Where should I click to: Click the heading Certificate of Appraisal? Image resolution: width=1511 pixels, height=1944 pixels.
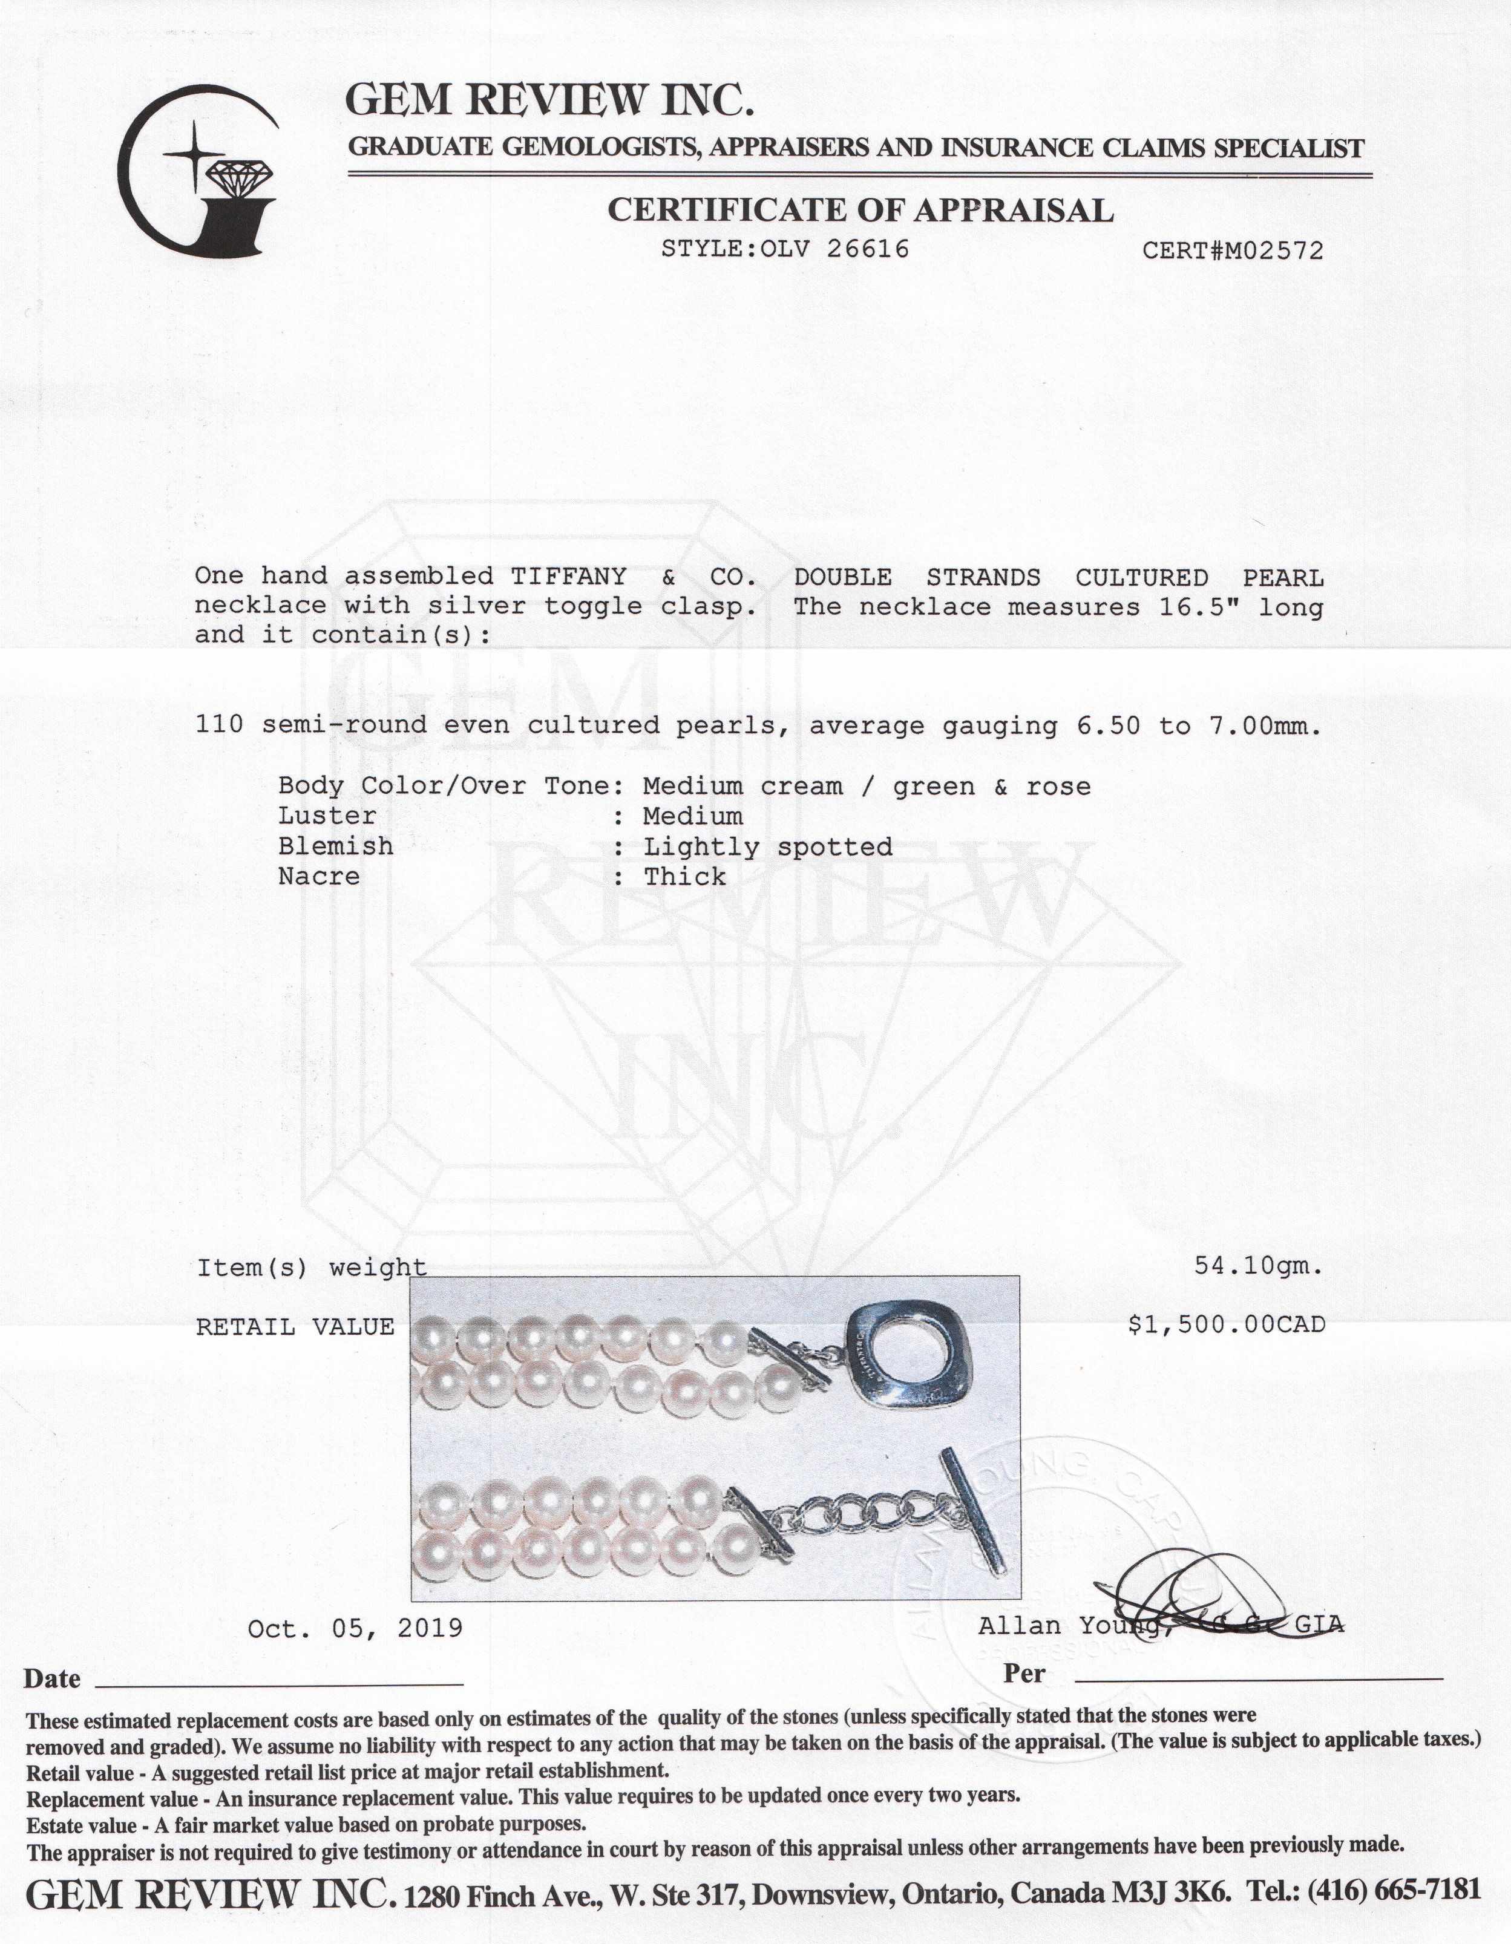pos(859,210)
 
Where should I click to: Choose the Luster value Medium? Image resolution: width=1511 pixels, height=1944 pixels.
pos(693,816)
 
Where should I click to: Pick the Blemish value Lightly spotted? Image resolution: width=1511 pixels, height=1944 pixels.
pos(767,846)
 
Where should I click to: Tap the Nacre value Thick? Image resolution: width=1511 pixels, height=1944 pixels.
pos(685,877)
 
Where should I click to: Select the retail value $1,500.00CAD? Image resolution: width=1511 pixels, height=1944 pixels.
pos(1226,1326)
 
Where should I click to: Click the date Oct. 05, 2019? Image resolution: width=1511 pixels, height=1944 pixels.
pos(355,1628)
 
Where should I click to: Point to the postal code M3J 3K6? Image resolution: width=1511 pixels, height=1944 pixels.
pos(1171,1889)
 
